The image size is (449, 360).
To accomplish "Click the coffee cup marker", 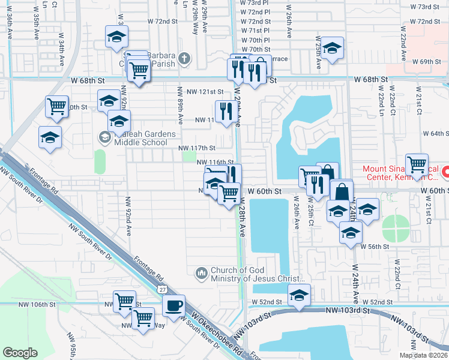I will coord(174,305).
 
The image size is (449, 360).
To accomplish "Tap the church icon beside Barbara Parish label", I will coord(184,59).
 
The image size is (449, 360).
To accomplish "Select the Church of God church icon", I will coord(201,273).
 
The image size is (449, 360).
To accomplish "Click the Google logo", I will coord(20,353).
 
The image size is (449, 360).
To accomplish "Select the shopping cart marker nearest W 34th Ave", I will coord(56,106).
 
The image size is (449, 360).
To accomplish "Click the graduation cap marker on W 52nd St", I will coord(299,294).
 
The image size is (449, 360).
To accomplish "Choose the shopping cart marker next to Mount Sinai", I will coord(416,163).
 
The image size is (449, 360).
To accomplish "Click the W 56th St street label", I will coord(376,247).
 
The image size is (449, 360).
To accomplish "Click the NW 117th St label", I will coord(196,148).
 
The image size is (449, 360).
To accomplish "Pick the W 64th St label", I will coord(435,134).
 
